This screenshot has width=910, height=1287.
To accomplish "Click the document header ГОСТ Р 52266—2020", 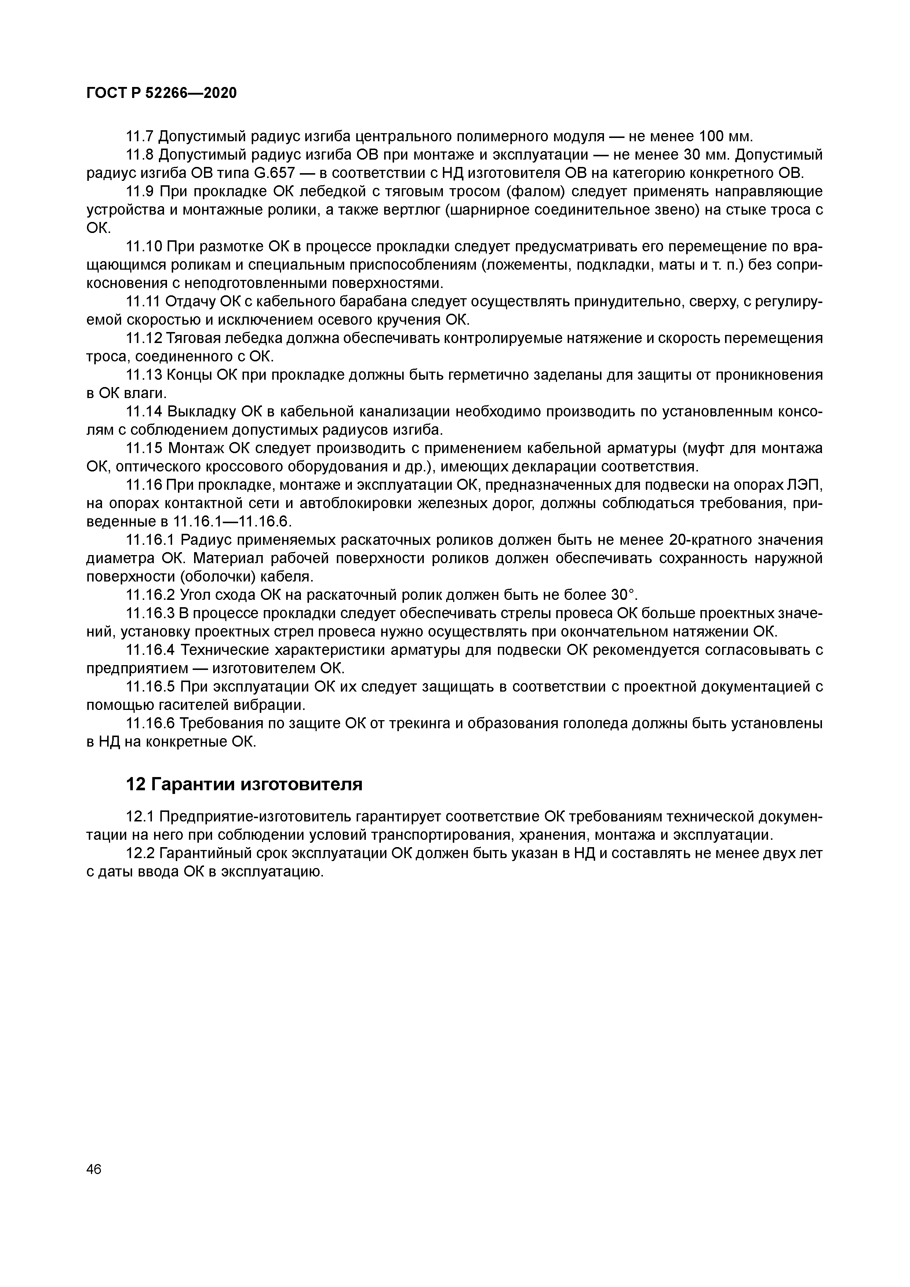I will click(x=161, y=93).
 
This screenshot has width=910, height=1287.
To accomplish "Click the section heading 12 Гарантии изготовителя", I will click(x=244, y=784).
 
